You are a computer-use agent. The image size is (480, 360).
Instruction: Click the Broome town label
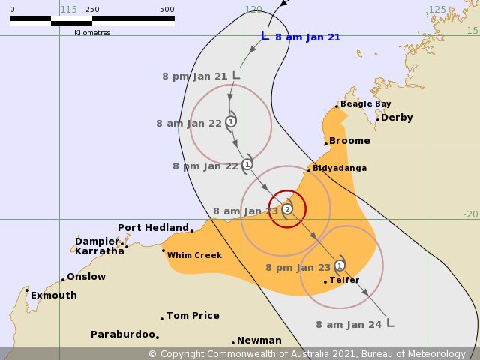pyautogui.click(x=349, y=141)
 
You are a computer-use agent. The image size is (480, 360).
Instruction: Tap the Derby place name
pyautogui.click(x=397, y=118)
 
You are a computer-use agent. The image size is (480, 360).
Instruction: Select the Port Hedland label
pyautogui.click(x=153, y=227)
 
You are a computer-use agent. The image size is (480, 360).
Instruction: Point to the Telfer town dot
pyautogui.click(x=325, y=282)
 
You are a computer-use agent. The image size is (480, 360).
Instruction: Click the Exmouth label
pyautogui.click(x=53, y=295)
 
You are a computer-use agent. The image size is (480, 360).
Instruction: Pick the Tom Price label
pyautogui.click(x=193, y=316)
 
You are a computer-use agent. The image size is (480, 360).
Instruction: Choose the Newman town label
pyautogui.click(x=259, y=340)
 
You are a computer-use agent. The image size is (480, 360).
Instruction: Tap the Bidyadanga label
pyautogui.click(x=340, y=169)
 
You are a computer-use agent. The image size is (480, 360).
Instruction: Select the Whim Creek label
pyautogui.click(x=194, y=255)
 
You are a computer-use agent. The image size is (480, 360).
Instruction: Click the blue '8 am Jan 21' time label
pyautogui.click(x=307, y=37)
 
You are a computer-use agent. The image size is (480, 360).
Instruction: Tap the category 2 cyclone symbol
pyautogui.click(x=287, y=208)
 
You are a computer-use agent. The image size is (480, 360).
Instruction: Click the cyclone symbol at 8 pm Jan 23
pyautogui.click(x=340, y=265)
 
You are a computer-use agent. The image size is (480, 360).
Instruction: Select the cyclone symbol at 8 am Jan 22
pyautogui.click(x=231, y=121)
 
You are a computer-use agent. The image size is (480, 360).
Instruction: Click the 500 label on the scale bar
pyautogui.click(x=167, y=10)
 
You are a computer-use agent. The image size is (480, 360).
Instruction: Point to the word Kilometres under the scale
pyautogui.click(x=92, y=33)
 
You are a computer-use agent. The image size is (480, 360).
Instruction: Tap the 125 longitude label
pyautogui.click(x=436, y=10)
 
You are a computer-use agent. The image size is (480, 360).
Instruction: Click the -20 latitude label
pyautogui.click(x=470, y=214)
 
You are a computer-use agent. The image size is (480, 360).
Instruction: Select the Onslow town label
pyautogui.click(x=86, y=277)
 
